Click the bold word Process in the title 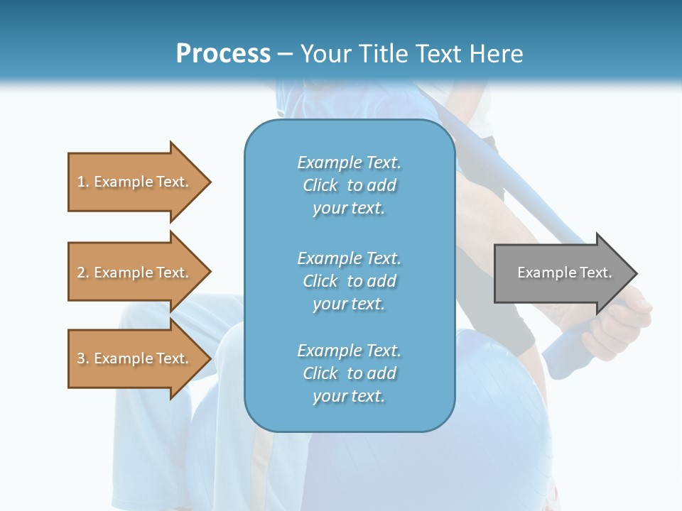(223, 54)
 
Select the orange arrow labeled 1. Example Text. (135, 182)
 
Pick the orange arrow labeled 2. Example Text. (135, 273)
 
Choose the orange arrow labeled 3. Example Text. (135, 358)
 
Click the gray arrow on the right (561, 273)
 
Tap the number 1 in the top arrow (80, 182)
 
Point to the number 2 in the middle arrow (80, 273)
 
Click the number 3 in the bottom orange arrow (80, 358)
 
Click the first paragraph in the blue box (350, 185)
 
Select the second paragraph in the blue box (350, 281)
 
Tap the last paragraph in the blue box (350, 373)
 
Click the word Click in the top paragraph (320, 185)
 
